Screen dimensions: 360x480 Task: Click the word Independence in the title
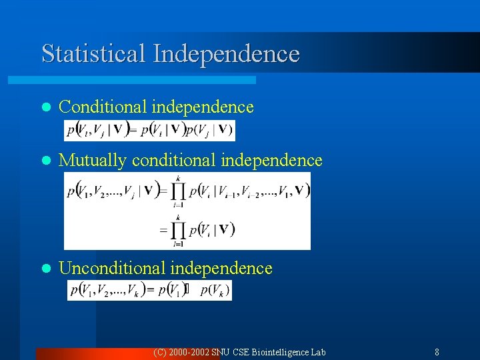(226, 53)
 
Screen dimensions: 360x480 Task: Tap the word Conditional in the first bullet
(103, 107)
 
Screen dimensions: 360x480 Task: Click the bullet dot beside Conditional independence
(45, 107)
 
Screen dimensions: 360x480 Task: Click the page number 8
(437, 352)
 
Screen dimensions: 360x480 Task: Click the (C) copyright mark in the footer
(160, 352)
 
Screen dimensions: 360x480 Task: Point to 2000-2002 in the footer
(189, 352)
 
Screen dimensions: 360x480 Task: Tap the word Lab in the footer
(318, 352)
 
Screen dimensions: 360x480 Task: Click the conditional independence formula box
(149, 130)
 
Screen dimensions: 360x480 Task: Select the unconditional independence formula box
(149, 291)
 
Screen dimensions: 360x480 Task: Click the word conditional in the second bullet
(174, 161)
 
